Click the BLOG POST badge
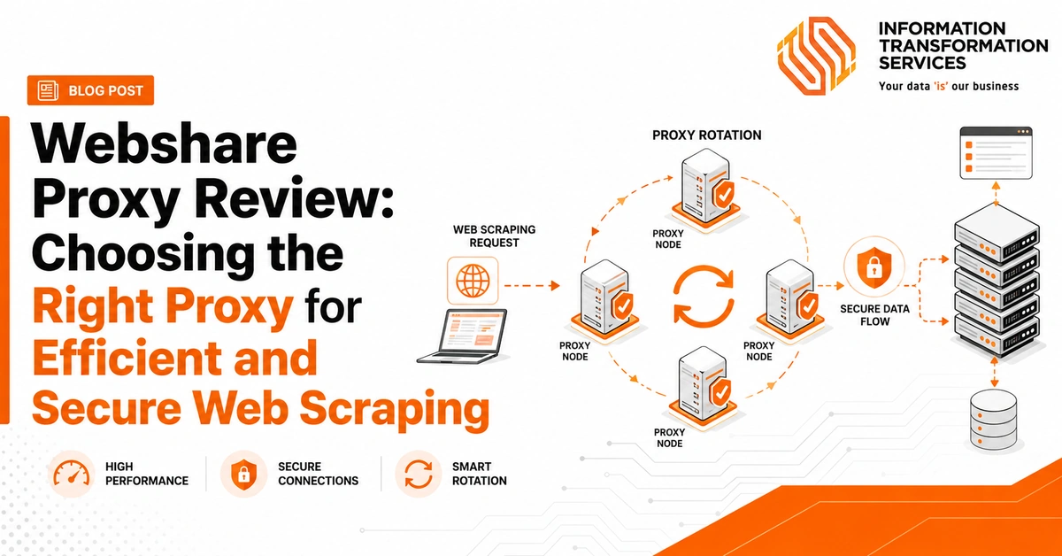90,90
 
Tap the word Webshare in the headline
165,143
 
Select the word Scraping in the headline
395,408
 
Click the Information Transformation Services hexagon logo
816,56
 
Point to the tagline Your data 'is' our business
949,87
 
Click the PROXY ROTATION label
707,135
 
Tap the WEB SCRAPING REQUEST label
495,236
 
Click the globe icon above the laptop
473,281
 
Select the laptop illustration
462,336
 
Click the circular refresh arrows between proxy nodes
704,297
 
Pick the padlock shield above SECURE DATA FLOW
873,267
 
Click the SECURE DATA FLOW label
874,315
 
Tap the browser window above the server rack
997,153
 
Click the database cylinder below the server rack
993,420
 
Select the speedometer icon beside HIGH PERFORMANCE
72,474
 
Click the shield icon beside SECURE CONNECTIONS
243,474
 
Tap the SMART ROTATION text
480,474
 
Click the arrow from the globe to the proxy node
532,286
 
